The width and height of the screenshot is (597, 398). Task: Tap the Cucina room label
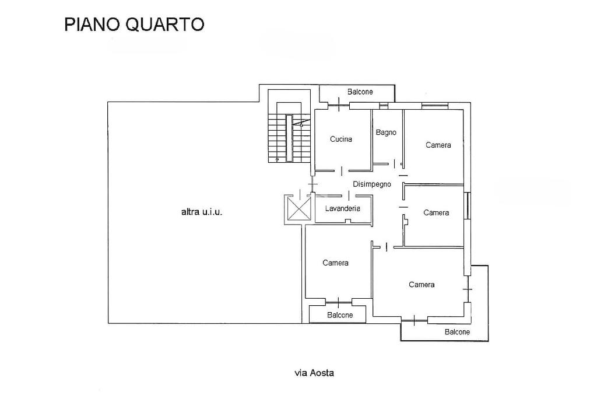point(341,139)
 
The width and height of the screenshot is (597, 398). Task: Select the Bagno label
point(386,132)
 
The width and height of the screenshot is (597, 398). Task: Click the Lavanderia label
point(342,208)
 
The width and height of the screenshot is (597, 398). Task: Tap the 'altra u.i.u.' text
point(202,212)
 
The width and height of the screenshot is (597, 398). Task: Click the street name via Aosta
point(314,373)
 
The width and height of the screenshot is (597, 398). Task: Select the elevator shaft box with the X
point(298,208)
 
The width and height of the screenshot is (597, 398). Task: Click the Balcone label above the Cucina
point(360,92)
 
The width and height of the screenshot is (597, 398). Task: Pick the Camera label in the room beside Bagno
point(438,145)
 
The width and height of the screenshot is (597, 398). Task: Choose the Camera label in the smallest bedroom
point(436,212)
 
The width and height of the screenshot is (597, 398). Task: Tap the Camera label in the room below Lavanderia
point(335,263)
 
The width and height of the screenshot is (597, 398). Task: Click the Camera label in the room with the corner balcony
point(422,285)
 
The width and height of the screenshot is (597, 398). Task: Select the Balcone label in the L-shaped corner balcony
point(457,331)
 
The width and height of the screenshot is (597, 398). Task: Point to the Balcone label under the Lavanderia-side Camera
point(340,315)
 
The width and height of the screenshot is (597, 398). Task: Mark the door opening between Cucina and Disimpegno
point(342,171)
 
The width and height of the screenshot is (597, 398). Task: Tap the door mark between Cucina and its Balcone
point(339,105)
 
